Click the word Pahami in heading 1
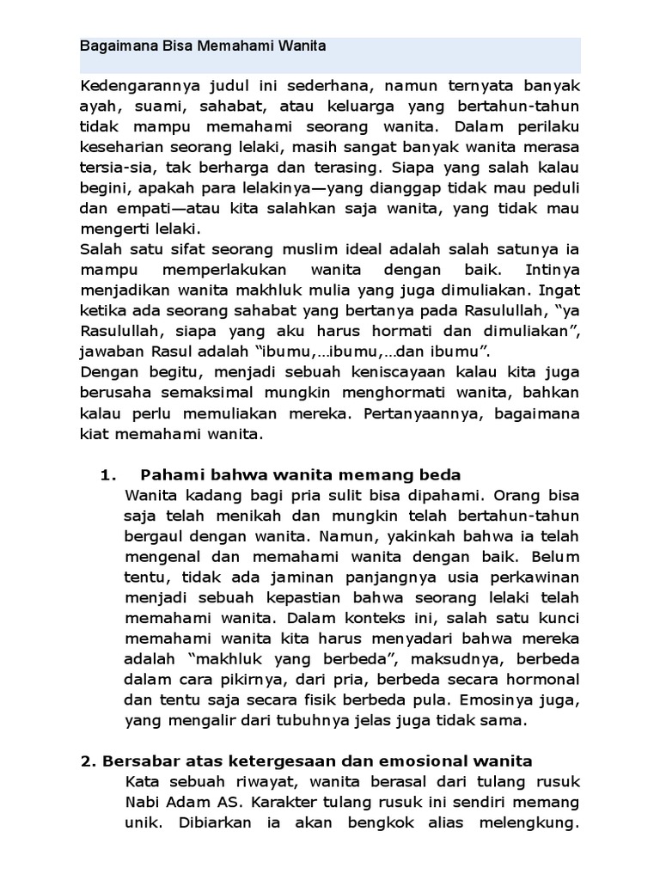point(168,474)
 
